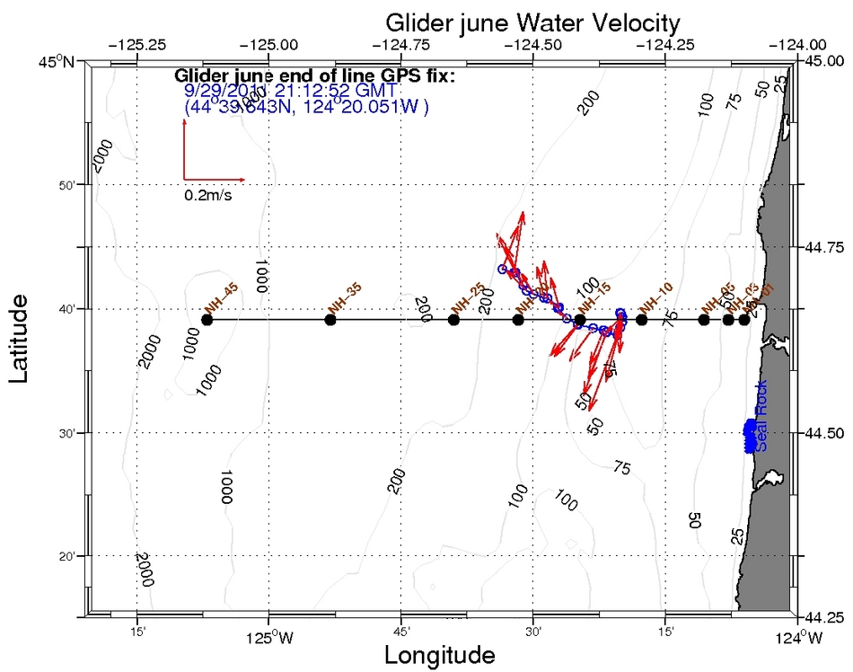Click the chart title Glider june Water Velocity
(532, 21)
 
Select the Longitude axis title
(439, 655)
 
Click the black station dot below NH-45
(207, 320)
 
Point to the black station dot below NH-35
(330, 320)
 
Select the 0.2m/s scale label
(208, 195)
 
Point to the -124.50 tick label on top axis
(533, 43)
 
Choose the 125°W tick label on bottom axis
(268, 639)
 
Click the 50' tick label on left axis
(68, 185)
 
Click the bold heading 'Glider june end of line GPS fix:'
(314, 75)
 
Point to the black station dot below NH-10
(641, 320)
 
